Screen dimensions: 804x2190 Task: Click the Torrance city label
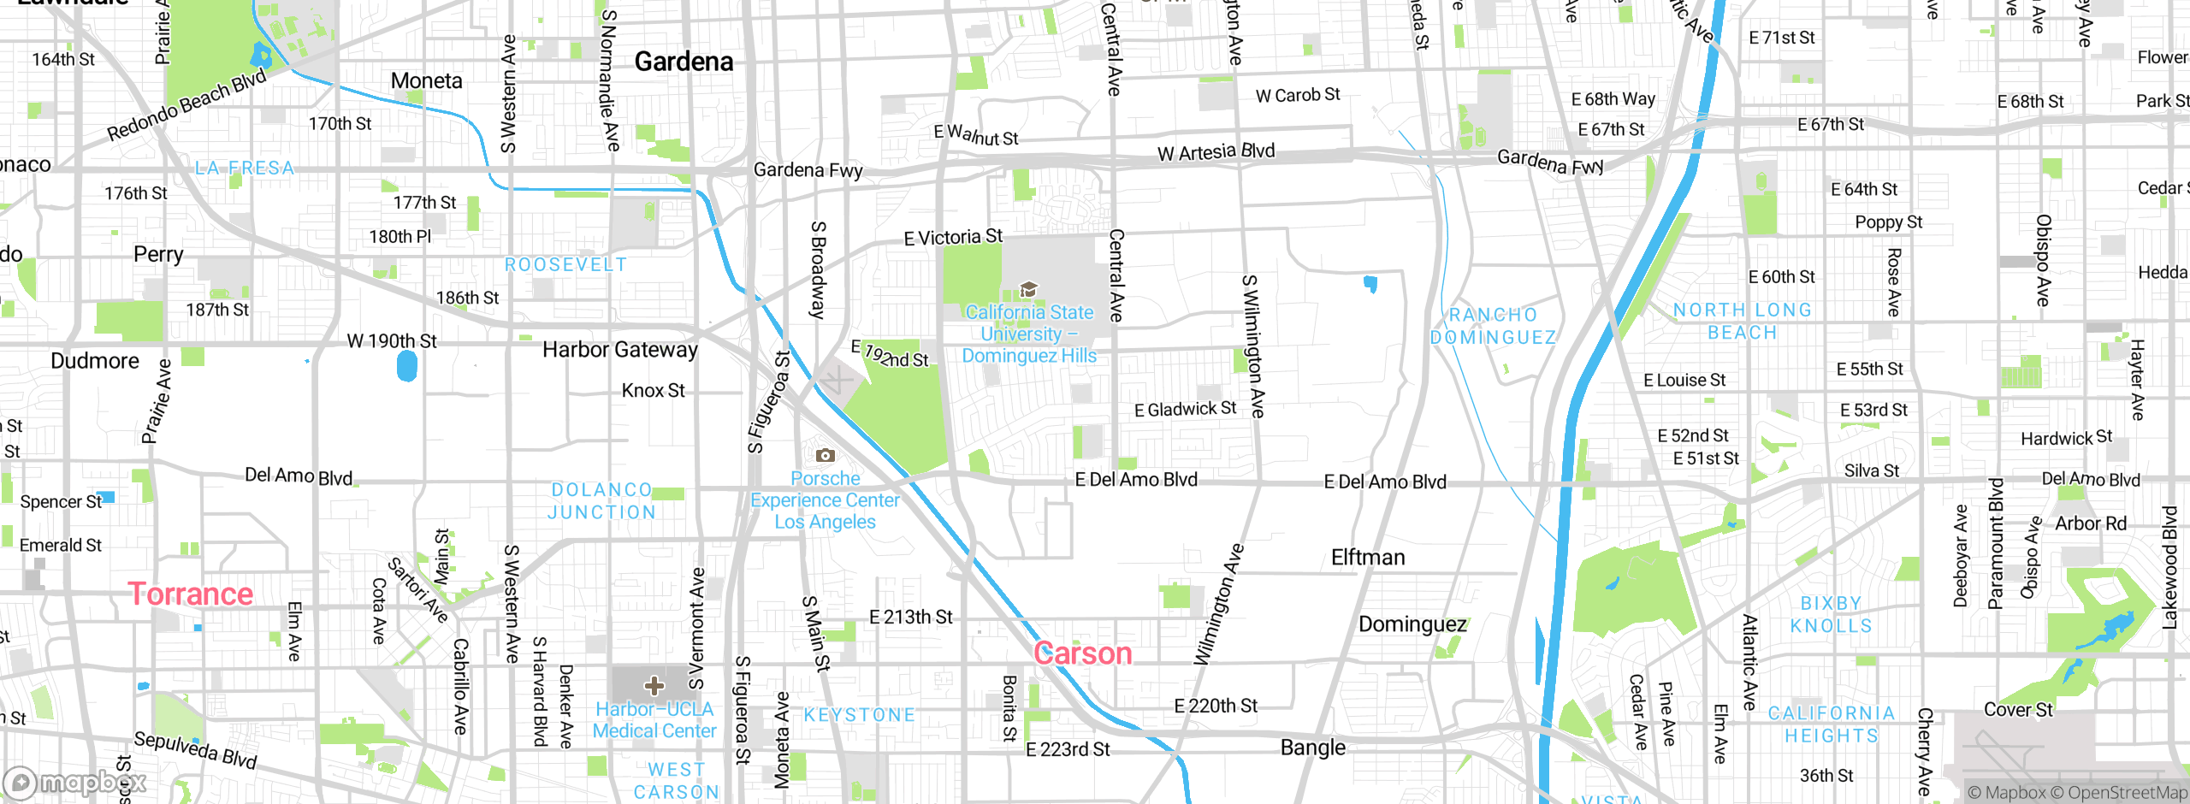click(190, 594)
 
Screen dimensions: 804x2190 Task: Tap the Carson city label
click(1082, 653)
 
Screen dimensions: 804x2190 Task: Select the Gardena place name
click(684, 62)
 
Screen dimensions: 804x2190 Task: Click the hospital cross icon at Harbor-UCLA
click(654, 686)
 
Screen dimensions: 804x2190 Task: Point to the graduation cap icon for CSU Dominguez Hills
click(1029, 289)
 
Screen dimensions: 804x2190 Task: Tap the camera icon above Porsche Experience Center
click(825, 455)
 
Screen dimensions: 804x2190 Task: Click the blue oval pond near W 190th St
click(407, 366)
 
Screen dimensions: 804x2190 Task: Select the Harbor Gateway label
click(620, 349)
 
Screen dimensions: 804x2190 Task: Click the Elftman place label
click(1367, 558)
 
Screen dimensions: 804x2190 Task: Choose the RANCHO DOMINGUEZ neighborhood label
click(1493, 326)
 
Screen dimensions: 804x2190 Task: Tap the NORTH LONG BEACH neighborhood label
click(1742, 321)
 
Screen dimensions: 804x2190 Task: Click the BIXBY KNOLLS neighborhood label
click(1831, 614)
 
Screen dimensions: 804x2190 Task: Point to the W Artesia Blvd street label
click(1216, 152)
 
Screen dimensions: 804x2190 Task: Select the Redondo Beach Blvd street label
click(186, 105)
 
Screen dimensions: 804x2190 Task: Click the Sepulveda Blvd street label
click(195, 749)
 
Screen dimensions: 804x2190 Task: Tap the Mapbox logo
click(75, 782)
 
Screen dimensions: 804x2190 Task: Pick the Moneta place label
click(426, 80)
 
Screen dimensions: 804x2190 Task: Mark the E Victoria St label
click(953, 237)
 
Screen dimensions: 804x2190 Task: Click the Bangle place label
click(1312, 748)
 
